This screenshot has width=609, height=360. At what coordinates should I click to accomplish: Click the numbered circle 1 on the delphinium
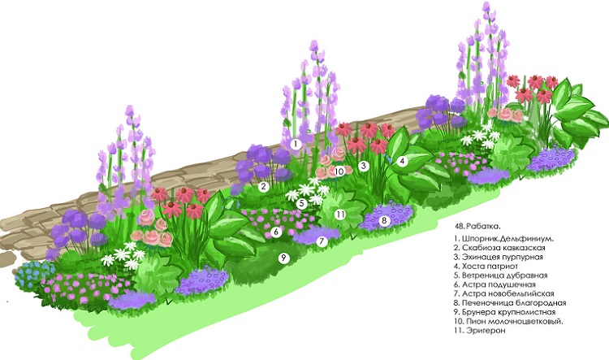[296, 144]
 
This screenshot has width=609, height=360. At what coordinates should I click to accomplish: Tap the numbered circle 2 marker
[264, 186]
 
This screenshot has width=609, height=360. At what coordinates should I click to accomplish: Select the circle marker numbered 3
[364, 166]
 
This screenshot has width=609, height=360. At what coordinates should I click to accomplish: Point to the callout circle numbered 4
[402, 162]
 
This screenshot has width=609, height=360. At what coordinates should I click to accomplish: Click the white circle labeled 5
[301, 203]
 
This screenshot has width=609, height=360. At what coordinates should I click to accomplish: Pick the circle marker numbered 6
[277, 232]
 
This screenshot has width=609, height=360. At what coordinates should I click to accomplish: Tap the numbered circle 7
[322, 241]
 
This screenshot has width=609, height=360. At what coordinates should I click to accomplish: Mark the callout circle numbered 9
[283, 258]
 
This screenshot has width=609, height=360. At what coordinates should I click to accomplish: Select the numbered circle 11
[341, 215]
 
